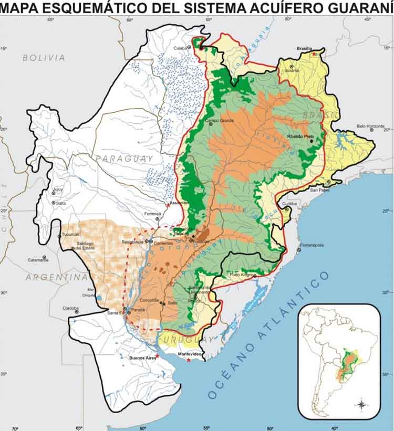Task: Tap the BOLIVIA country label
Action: [44, 58]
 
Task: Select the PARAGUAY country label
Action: [124, 158]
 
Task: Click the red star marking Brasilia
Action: [314, 54]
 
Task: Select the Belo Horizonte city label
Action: [371, 126]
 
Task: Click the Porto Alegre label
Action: [241, 275]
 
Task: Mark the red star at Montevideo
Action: [189, 360]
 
